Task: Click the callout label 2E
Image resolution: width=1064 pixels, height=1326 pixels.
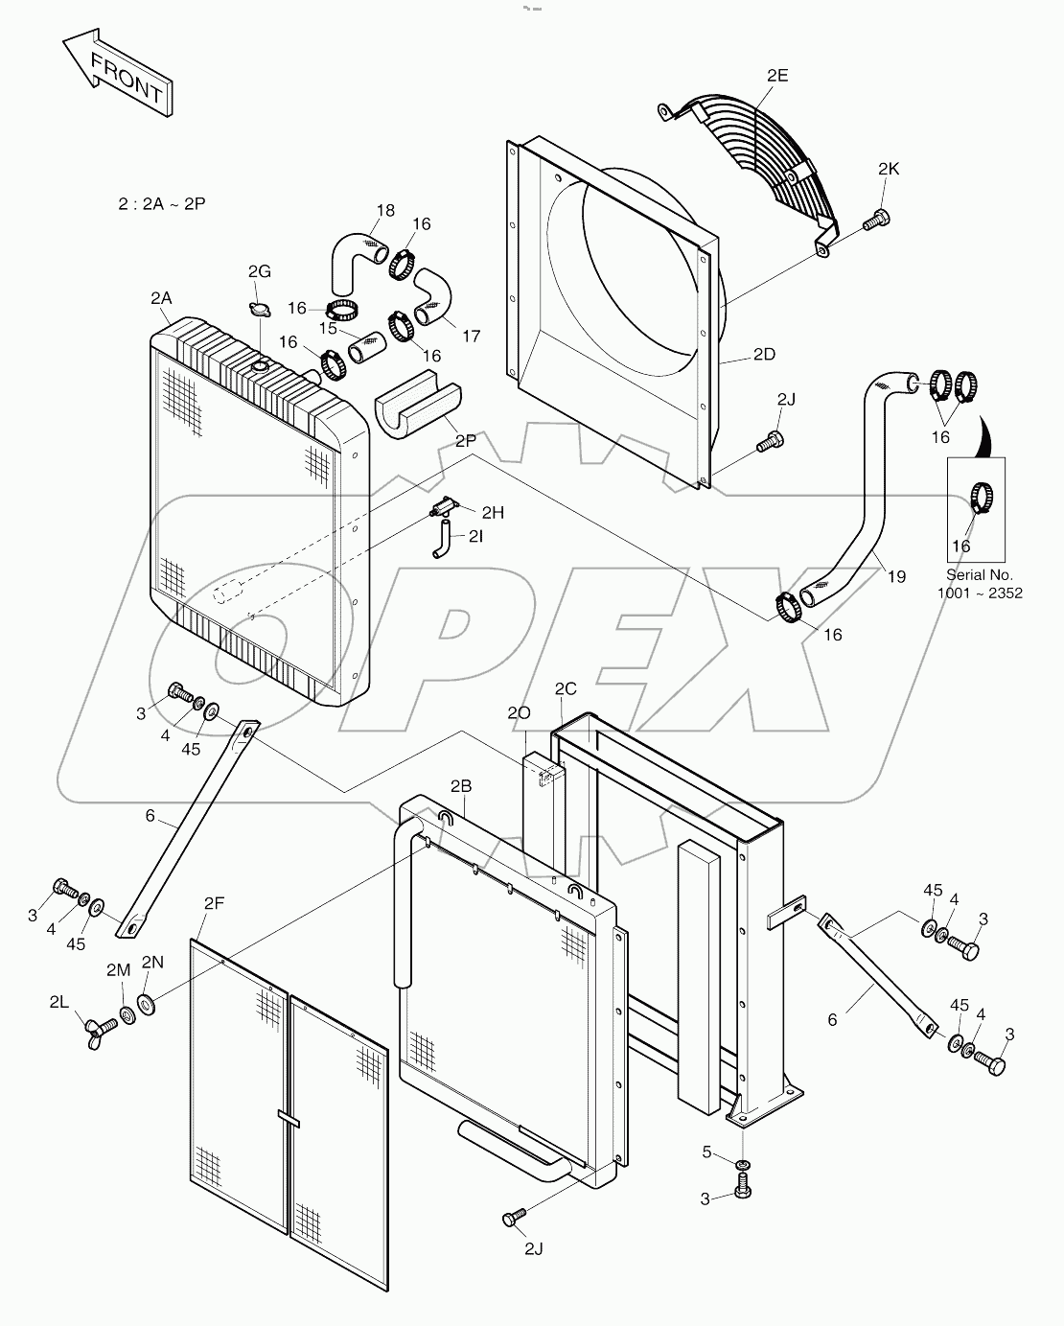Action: point(776,76)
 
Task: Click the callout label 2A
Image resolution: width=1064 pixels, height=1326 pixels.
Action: point(161,298)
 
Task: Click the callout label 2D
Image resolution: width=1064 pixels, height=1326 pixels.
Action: point(763,354)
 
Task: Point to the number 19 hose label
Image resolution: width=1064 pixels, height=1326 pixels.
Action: point(896,576)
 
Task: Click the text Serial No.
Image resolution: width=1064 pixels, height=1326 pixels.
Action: point(979,575)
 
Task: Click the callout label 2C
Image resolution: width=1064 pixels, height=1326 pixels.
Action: point(566,688)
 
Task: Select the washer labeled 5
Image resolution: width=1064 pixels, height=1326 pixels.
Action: point(742,1164)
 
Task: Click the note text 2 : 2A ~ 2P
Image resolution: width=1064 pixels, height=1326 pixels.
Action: point(161,204)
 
